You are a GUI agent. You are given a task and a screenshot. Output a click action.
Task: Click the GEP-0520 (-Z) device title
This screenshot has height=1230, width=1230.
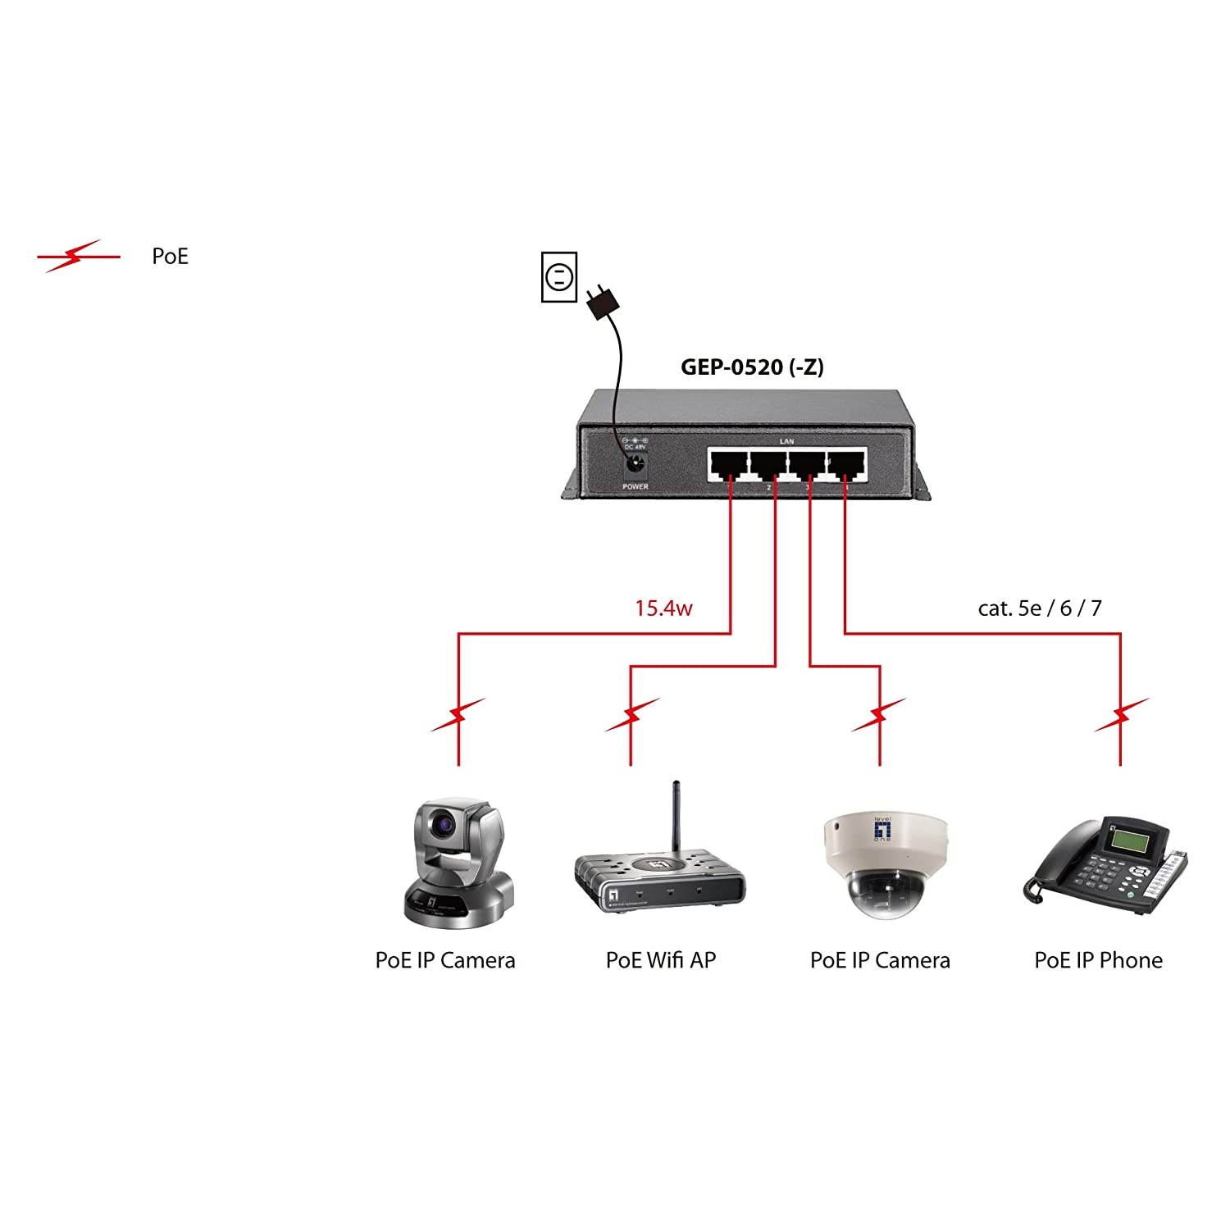click(752, 367)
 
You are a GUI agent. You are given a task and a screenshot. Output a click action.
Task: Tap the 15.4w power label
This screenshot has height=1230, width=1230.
click(663, 608)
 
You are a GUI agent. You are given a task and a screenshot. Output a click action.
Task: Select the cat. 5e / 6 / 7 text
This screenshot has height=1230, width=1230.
click(1039, 608)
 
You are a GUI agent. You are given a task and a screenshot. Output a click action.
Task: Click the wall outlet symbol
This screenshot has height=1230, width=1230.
click(559, 277)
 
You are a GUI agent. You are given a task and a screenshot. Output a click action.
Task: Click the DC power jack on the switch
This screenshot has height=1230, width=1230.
click(635, 467)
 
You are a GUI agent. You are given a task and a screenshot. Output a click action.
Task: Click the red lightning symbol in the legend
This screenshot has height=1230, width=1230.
click(77, 257)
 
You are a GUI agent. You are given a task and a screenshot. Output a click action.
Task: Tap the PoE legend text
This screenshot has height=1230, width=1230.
click(170, 257)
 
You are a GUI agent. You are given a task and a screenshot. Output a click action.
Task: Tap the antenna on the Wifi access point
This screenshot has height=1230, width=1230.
click(677, 816)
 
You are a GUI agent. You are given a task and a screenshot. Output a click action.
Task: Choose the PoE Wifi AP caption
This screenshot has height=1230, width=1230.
click(660, 960)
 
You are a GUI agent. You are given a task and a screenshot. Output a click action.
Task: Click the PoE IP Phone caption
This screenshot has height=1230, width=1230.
click(1098, 960)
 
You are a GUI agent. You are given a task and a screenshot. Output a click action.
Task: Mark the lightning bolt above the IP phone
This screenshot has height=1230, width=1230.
click(1121, 715)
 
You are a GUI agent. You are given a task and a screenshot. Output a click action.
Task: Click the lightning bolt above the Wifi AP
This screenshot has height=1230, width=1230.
click(631, 715)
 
